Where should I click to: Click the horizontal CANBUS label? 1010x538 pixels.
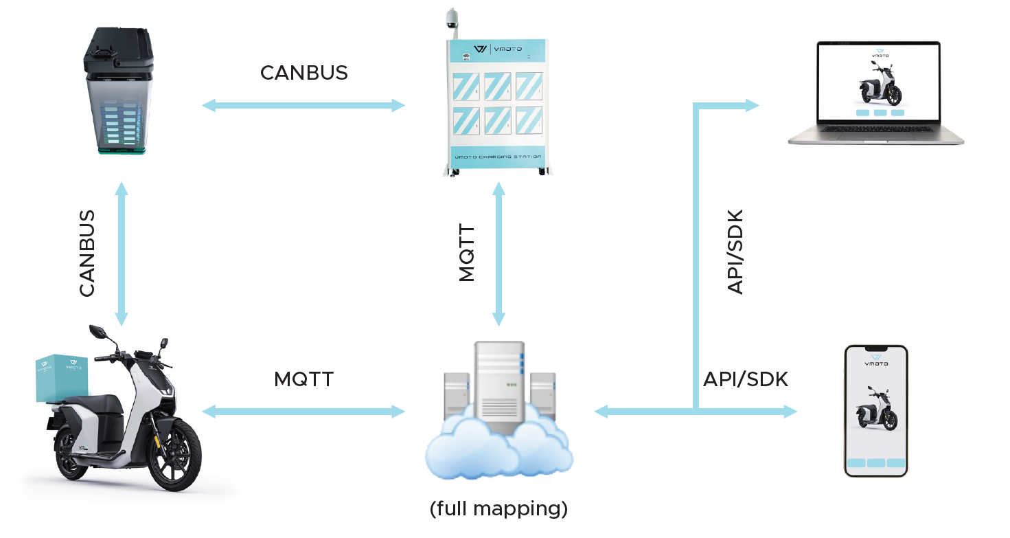(x=304, y=73)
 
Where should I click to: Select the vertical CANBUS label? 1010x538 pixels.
(x=87, y=254)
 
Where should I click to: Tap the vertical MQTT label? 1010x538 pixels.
(x=467, y=253)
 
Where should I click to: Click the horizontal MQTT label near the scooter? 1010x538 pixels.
(x=304, y=379)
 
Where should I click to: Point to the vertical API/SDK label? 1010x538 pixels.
(x=735, y=252)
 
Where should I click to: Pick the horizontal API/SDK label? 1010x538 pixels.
(x=746, y=379)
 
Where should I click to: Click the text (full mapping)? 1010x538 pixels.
(x=498, y=508)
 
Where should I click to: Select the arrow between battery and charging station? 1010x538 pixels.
(x=303, y=106)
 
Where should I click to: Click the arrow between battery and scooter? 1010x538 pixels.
(x=122, y=254)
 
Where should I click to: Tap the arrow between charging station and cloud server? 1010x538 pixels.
(x=498, y=254)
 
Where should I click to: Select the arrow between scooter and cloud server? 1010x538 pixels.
(x=303, y=411)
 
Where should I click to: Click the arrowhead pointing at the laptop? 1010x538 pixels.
(x=753, y=106)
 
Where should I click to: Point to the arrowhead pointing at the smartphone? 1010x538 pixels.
(x=790, y=411)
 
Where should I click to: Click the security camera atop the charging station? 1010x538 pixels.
(x=452, y=19)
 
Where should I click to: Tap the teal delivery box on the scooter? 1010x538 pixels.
(x=62, y=377)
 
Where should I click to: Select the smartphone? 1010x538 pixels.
(x=876, y=411)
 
